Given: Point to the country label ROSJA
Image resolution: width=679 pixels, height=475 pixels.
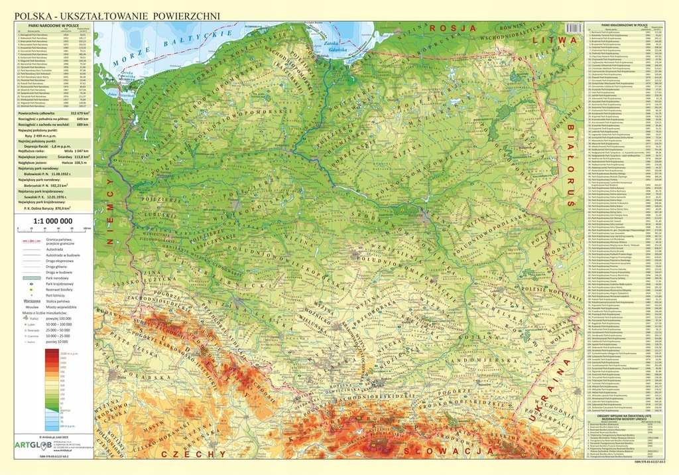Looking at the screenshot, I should coord(454,28).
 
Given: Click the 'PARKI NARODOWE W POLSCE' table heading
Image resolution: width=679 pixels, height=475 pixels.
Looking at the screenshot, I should coord(55,25).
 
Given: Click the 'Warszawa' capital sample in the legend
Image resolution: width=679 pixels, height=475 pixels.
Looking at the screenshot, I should coord(35,301).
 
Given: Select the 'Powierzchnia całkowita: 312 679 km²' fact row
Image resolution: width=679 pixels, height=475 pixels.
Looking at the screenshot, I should coord(55,113).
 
